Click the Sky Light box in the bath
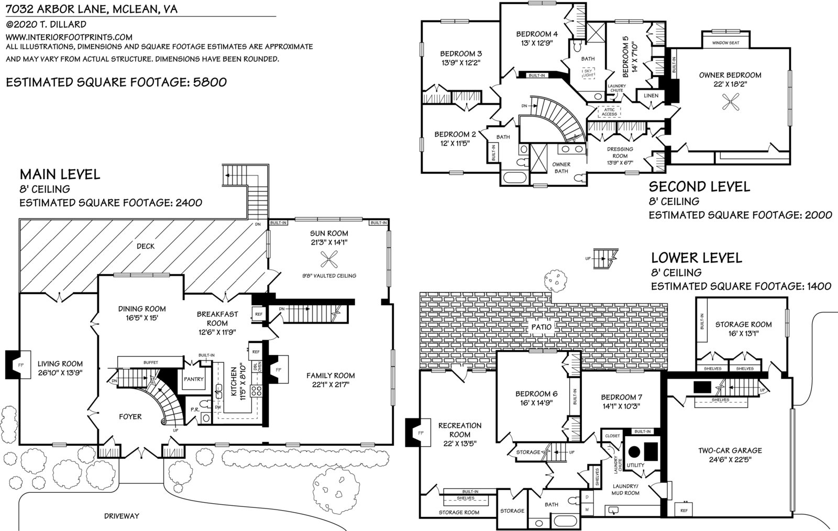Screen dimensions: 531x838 click(x=588, y=72)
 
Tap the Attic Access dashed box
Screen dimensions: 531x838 click(x=609, y=112)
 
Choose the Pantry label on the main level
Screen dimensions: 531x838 click(x=193, y=379)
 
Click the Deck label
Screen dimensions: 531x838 click(x=146, y=246)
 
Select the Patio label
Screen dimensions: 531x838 click(x=541, y=327)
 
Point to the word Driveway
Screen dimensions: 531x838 click(x=122, y=516)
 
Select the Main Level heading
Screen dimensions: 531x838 click(x=60, y=174)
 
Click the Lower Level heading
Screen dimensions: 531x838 click(x=697, y=258)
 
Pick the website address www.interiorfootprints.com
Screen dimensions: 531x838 click(x=69, y=37)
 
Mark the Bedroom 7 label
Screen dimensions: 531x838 click(x=621, y=397)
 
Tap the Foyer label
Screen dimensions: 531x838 click(x=130, y=417)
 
